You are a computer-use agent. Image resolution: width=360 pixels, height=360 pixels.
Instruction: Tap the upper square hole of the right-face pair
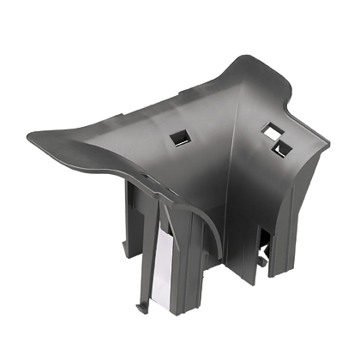(271, 129)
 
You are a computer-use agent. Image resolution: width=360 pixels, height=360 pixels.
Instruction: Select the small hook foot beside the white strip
(140, 303)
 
